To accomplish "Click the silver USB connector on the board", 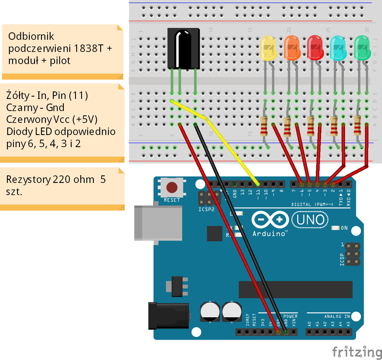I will [x=158, y=223].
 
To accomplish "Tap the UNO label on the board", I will [x=310, y=220].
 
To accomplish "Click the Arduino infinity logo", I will [x=270, y=220].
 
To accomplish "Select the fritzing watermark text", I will [x=357, y=352].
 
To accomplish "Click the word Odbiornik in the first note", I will [x=31, y=36].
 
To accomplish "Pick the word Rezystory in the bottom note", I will [x=28, y=180].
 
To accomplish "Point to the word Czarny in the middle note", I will [x=22, y=108].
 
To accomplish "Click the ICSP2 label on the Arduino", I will [x=206, y=209].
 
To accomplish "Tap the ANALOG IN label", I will [x=337, y=316].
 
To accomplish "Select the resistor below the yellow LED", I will [x=264, y=126].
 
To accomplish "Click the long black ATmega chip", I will [x=295, y=290].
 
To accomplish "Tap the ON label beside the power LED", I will [x=344, y=228].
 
